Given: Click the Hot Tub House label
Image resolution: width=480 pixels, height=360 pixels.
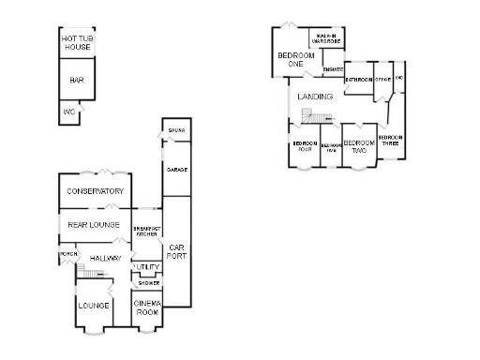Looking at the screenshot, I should (77, 42).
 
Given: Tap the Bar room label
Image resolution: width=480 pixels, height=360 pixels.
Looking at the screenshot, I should (77, 81).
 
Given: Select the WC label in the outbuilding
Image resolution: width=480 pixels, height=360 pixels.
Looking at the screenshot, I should (68, 112).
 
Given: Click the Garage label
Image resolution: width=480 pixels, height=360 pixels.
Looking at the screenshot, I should (175, 170).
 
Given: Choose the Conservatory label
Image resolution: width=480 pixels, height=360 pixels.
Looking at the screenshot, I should (95, 191).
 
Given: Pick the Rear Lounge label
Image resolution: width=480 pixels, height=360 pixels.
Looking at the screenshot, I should (92, 225).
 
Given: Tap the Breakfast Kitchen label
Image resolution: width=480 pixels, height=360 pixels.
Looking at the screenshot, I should (146, 231).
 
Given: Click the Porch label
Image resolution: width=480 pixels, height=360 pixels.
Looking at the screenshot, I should (67, 254).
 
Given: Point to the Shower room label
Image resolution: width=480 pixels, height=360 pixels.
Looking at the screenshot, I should (148, 283).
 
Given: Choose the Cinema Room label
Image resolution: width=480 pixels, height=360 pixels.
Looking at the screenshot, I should (147, 307).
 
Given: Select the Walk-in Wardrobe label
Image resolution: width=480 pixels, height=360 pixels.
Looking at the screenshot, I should (325, 37).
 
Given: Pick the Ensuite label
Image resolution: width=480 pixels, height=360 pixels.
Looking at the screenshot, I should (333, 69).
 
